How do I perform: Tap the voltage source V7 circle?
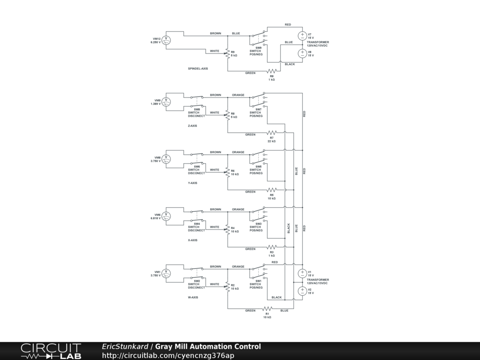click(x=302, y=36)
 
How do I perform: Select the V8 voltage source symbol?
click(x=302, y=53)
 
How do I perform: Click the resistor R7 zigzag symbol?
click(x=272, y=133)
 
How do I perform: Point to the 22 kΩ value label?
click(x=272, y=141)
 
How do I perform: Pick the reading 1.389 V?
click(x=156, y=104)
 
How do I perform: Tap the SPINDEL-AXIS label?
click(x=198, y=68)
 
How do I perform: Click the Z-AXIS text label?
click(x=193, y=126)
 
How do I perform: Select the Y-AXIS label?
click(x=193, y=183)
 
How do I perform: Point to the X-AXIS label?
click(x=193, y=240)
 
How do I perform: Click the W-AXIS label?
click(x=193, y=297)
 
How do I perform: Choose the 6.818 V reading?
click(x=156, y=218)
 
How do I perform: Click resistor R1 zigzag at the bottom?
click(x=267, y=308)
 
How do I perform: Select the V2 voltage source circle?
click(x=302, y=291)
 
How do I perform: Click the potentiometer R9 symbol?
click(x=228, y=53)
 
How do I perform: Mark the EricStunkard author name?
click(x=125, y=347)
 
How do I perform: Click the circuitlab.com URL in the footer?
click(x=168, y=355)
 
